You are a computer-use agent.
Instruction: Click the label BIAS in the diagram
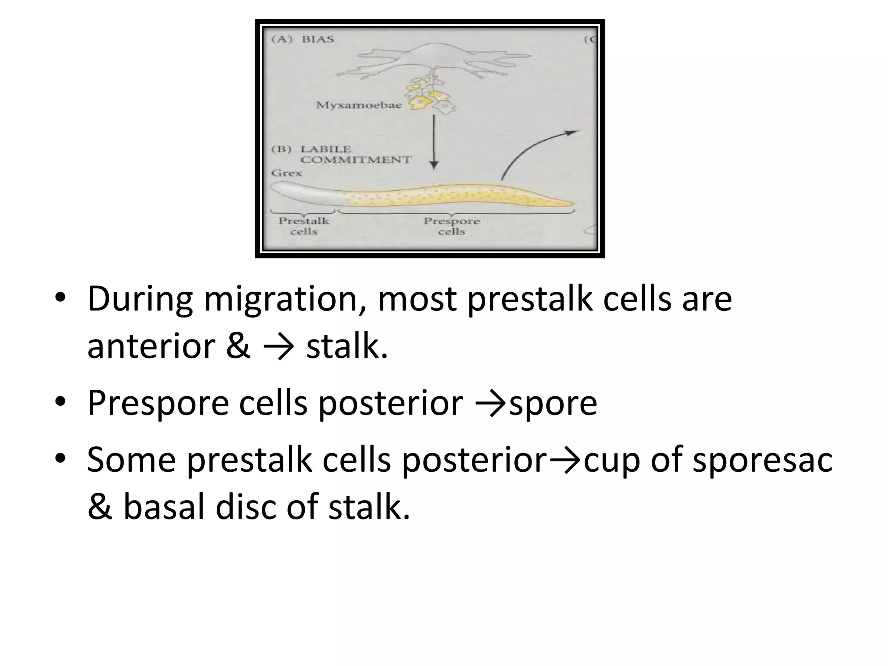click(x=318, y=39)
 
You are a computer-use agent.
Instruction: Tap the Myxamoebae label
click(x=359, y=105)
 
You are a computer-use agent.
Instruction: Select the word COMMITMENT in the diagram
click(x=356, y=160)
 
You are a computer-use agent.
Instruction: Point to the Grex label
click(x=287, y=173)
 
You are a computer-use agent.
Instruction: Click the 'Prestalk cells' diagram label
click(x=304, y=226)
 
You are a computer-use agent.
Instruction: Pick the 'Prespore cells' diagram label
click(x=451, y=226)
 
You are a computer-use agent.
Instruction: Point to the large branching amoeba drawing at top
click(x=434, y=61)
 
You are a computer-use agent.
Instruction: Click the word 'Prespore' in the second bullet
click(x=158, y=403)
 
